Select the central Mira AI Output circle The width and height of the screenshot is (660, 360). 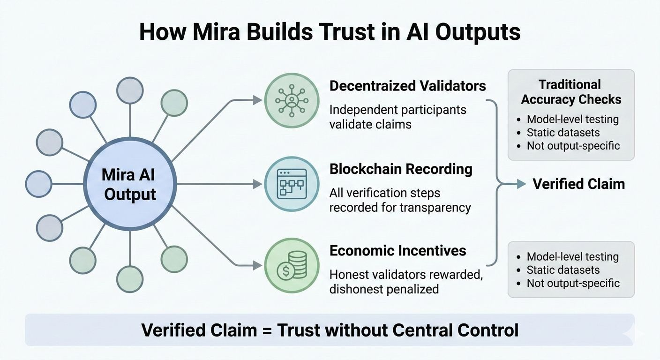130,184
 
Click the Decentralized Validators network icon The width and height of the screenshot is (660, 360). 292,99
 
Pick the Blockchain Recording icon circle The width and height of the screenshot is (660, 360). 292,184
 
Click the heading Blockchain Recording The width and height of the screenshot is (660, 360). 401,169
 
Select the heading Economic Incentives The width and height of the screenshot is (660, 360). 397,250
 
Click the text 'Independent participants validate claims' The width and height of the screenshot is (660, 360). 397,117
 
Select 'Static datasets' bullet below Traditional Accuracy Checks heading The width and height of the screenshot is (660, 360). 563,132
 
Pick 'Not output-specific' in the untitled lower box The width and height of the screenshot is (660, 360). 573,283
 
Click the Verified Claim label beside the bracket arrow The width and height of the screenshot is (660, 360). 578,184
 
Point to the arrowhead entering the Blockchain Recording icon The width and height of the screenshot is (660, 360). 257,184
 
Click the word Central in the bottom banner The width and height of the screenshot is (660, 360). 425,330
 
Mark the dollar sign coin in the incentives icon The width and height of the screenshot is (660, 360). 284,272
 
